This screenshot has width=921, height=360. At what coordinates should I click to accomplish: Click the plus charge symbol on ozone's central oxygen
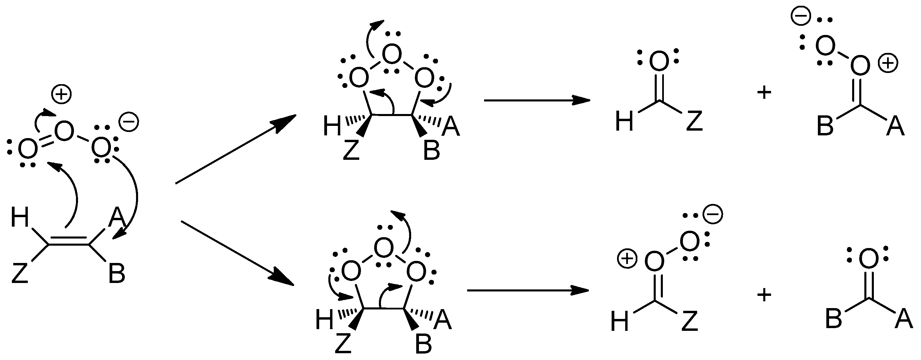(x=61, y=95)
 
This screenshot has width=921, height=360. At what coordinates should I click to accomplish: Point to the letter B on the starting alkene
(x=117, y=273)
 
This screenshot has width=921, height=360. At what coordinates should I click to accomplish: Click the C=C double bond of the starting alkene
(x=68, y=241)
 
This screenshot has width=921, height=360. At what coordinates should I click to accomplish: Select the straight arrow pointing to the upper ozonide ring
(x=236, y=149)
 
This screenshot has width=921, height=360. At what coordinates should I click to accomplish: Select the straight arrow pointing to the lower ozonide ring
(x=237, y=253)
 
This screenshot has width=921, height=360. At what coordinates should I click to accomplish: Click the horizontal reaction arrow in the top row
(x=536, y=100)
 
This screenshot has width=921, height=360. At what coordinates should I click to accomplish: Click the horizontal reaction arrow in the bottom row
(x=527, y=290)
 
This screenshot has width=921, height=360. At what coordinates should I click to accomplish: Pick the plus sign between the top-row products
(x=764, y=93)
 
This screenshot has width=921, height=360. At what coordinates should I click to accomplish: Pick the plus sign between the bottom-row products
(x=764, y=295)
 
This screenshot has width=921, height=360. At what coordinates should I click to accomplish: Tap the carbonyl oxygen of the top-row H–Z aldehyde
(x=658, y=61)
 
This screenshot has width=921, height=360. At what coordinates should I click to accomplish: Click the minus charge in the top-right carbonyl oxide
(x=800, y=17)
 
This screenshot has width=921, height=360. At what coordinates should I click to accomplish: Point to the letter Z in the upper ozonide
(x=351, y=151)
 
